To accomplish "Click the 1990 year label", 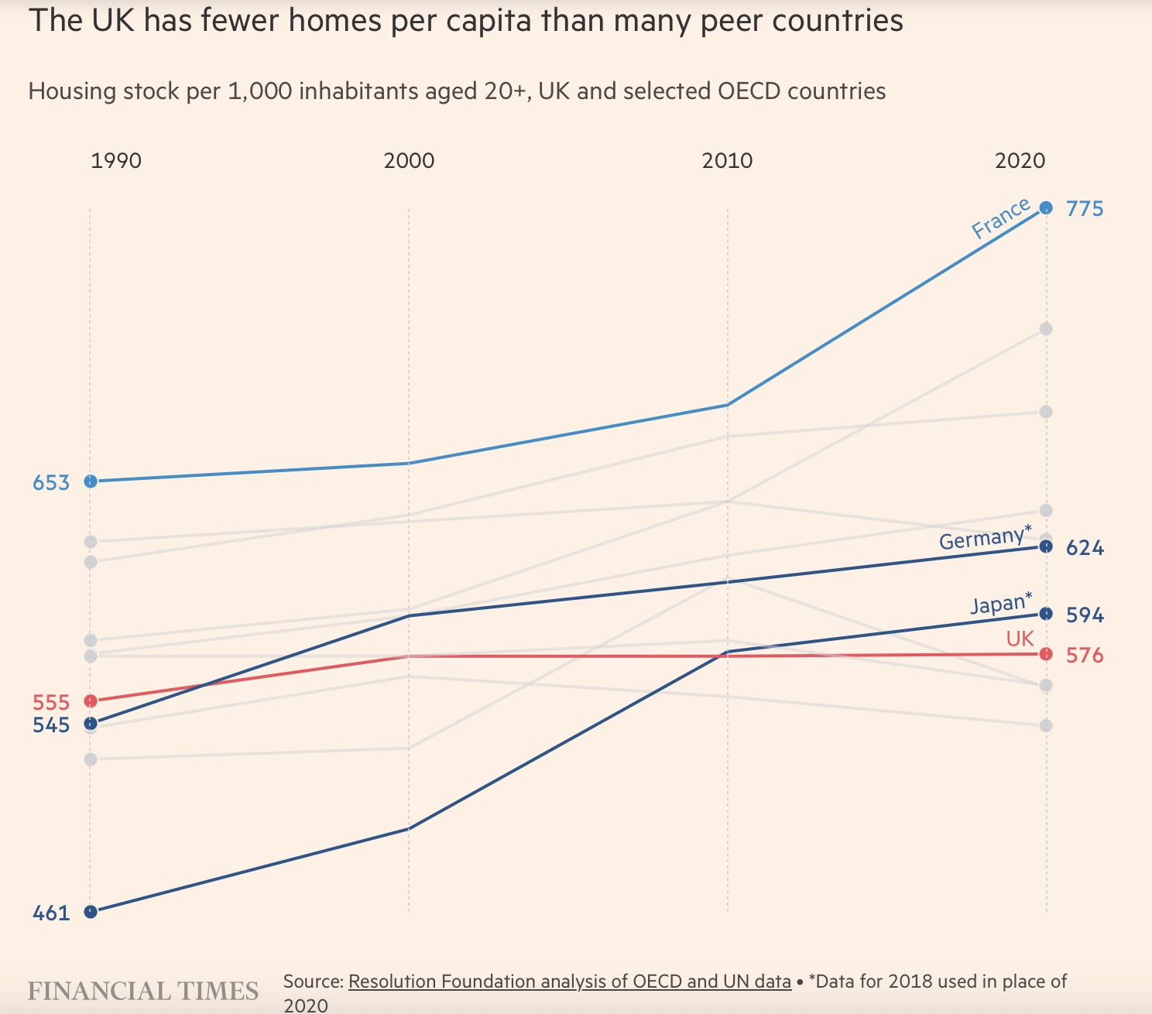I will [x=116, y=161].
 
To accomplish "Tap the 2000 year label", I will [x=409, y=161].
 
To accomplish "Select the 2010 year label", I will [x=727, y=161].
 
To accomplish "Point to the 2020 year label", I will [x=1020, y=161].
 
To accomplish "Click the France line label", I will [x=1001, y=218].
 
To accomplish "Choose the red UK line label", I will [x=1020, y=639].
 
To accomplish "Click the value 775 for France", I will [x=1085, y=209].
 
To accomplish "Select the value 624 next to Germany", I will [x=1085, y=549].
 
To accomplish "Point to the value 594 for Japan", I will [x=1085, y=615].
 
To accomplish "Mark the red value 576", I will [x=1085, y=656].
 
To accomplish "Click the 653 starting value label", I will [x=51, y=483].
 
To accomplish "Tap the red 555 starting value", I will [x=51, y=703].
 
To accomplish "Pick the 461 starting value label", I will [x=51, y=913].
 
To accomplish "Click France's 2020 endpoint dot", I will [x=1046, y=207].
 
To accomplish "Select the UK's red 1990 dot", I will [x=91, y=701].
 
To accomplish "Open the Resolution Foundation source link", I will [x=569, y=981].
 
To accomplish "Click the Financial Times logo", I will [x=143, y=992].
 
